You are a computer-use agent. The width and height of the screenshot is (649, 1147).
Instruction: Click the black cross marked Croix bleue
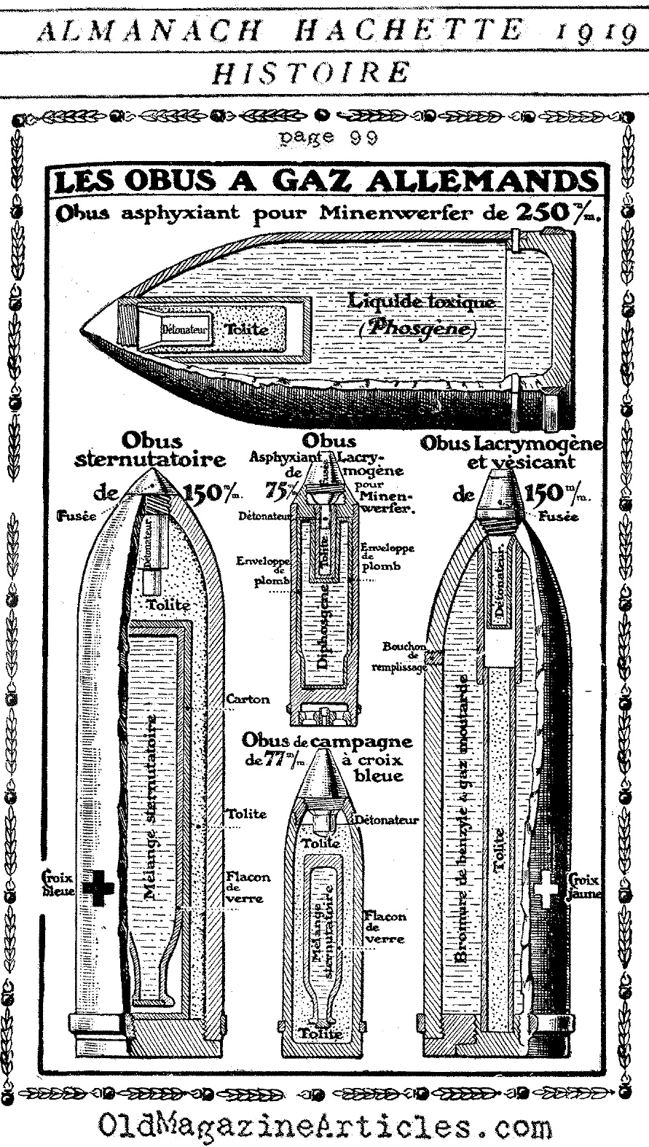pos(98,887)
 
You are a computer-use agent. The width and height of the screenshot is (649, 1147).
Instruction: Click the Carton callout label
pos(248,699)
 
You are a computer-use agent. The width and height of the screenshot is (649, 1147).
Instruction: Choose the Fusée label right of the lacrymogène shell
pos(559,517)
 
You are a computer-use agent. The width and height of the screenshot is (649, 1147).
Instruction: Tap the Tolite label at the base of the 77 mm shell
pos(320,1033)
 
